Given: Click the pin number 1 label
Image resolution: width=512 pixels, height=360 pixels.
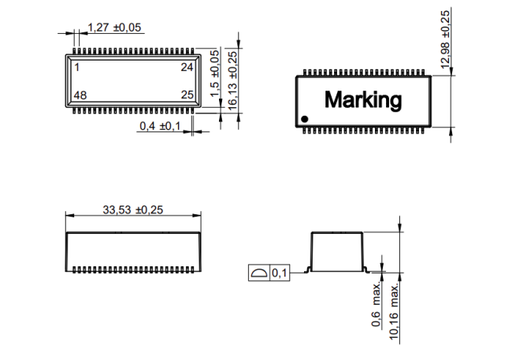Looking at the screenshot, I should (76, 67).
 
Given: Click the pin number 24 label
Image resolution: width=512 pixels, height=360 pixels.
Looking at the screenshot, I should (187, 67).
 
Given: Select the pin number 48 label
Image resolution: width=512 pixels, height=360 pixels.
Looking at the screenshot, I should (80, 95).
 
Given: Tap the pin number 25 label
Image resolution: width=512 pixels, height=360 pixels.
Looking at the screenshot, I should (187, 95).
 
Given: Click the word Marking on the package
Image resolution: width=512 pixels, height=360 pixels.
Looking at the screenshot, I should (363, 100).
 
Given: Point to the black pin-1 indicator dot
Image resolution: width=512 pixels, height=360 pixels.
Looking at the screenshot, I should (306, 119).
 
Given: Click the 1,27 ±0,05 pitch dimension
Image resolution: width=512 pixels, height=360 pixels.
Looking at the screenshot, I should (114, 28).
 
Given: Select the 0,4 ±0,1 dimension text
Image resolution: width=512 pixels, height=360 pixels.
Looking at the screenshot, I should (160, 125).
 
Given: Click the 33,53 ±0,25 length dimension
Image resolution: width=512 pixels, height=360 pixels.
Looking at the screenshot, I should (132, 210).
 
